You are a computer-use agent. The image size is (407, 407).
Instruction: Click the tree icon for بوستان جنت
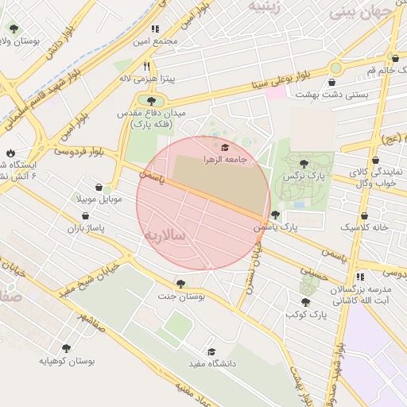tap(181, 284)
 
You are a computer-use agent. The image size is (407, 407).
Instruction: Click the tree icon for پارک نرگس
tap(304, 163)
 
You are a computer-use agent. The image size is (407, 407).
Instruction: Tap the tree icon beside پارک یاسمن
tap(275, 215)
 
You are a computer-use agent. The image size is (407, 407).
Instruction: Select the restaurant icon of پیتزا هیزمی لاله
tap(146, 67)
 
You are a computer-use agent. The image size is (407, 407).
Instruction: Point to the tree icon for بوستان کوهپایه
tap(65, 348)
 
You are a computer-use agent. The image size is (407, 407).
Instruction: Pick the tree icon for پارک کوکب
tap(306, 302)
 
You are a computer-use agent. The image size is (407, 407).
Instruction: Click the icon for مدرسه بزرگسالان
tap(360, 277)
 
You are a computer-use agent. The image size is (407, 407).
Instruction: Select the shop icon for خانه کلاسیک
tap(364, 215)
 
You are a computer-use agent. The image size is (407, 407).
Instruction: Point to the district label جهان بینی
tap(367, 12)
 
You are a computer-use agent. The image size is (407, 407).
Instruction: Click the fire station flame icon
tap(10, 153)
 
